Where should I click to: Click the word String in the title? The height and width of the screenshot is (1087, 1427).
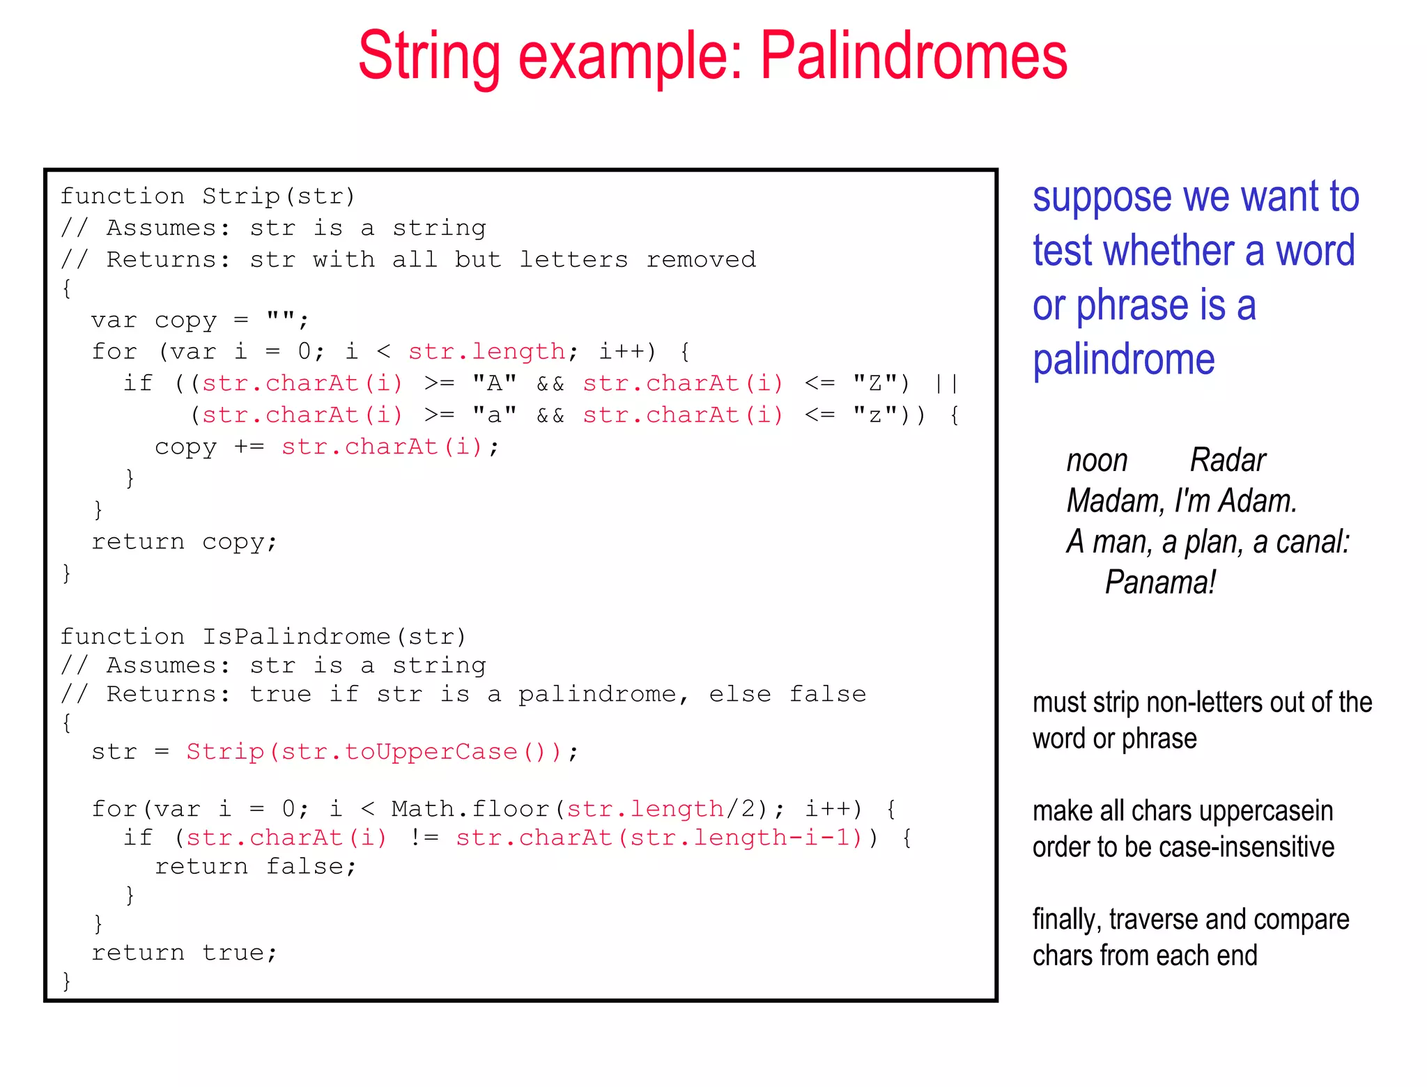(x=429, y=57)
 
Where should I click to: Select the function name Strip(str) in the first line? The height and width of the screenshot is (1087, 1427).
(x=279, y=196)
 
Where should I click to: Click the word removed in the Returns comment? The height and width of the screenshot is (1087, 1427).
(x=700, y=260)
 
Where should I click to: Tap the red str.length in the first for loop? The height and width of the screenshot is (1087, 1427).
(x=486, y=352)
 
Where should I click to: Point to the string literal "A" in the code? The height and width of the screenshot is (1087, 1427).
(x=494, y=383)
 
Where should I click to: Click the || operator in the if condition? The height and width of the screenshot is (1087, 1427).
(x=946, y=383)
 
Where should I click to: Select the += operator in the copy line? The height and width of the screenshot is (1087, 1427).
(x=249, y=447)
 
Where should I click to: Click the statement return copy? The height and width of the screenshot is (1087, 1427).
(x=185, y=542)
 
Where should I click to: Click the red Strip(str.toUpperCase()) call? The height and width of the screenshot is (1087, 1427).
(x=373, y=752)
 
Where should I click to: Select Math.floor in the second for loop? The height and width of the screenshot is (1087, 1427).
(x=470, y=809)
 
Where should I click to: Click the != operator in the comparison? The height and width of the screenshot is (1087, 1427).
(x=424, y=838)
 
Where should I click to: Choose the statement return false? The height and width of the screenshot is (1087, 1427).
(x=255, y=867)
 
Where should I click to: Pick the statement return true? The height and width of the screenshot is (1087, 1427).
(x=185, y=953)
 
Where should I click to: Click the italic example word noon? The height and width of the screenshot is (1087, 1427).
(x=1097, y=461)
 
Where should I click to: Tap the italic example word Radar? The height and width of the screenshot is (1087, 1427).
(x=1227, y=461)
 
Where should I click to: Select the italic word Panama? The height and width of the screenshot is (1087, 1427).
(x=1160, y=583)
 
